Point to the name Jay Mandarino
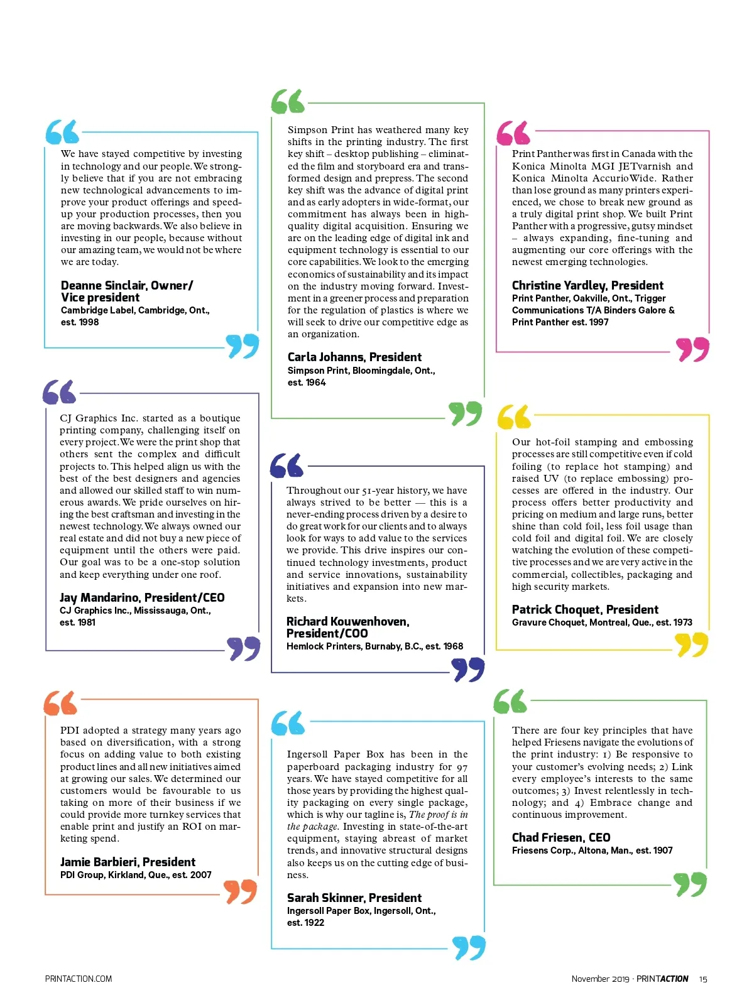click(101, 598)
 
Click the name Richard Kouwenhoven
click(347, 622)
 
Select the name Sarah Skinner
click(325, 898)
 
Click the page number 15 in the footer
click(703, 979)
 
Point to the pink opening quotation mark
click(513, 133)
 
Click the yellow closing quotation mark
click(691, 644)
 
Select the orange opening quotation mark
click(61, 703)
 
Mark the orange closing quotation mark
click(241, 891)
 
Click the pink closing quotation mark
click(692, 349)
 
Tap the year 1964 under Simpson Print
click(316, 383)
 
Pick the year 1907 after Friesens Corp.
click(663, 851)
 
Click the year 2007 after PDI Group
click(201, 875)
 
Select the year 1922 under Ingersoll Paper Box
click(314, 923)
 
